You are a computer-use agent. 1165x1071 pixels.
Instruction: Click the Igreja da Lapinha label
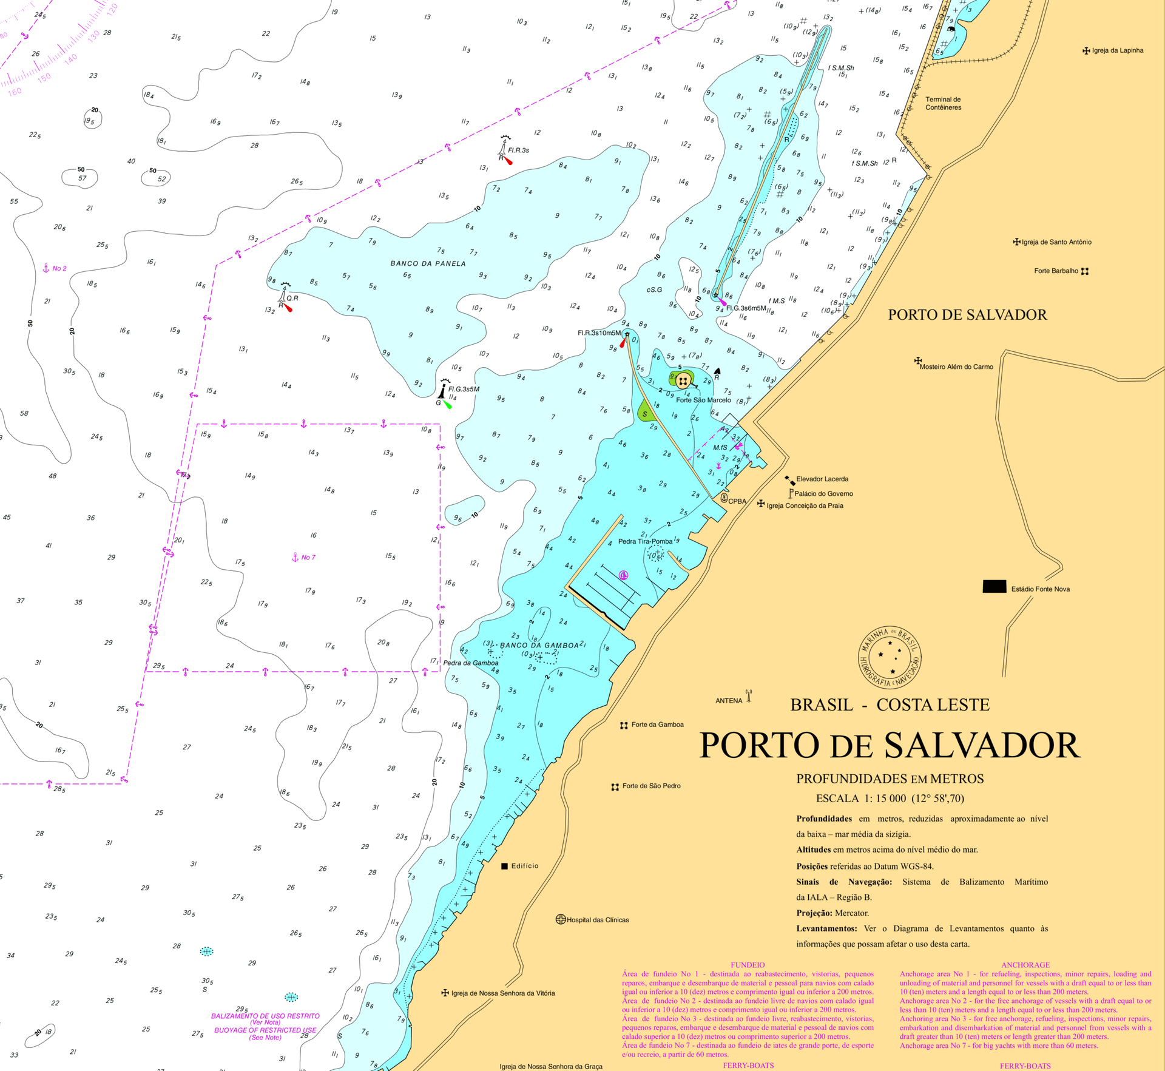[x=1117, y=50]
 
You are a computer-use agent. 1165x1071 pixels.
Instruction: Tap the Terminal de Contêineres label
[x=943, y=103]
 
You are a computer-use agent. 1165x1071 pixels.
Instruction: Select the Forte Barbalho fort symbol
[x=1085, y=271]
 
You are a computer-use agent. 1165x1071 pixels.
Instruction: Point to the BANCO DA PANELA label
[x=428, y=263]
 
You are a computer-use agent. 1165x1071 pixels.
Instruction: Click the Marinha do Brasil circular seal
[x=890, y=658]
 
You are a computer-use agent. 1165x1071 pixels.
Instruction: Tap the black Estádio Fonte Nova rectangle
[x=994, y=587]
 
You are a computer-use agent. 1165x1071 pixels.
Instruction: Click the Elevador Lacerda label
[x=822, y=479]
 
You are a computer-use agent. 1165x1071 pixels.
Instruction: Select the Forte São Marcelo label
[x=703, y=400]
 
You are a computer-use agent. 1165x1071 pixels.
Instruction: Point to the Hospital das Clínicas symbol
[x=561, y=919]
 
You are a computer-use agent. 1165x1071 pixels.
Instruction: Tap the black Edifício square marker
[x=504, y=866]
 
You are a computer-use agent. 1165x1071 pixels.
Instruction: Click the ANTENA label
[x=728, y=700]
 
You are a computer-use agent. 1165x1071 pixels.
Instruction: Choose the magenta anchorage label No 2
[x=59, y=268]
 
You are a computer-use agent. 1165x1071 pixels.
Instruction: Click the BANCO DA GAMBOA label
[x=539, y=645]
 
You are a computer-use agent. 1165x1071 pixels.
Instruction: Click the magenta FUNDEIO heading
[x=747, y=965]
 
